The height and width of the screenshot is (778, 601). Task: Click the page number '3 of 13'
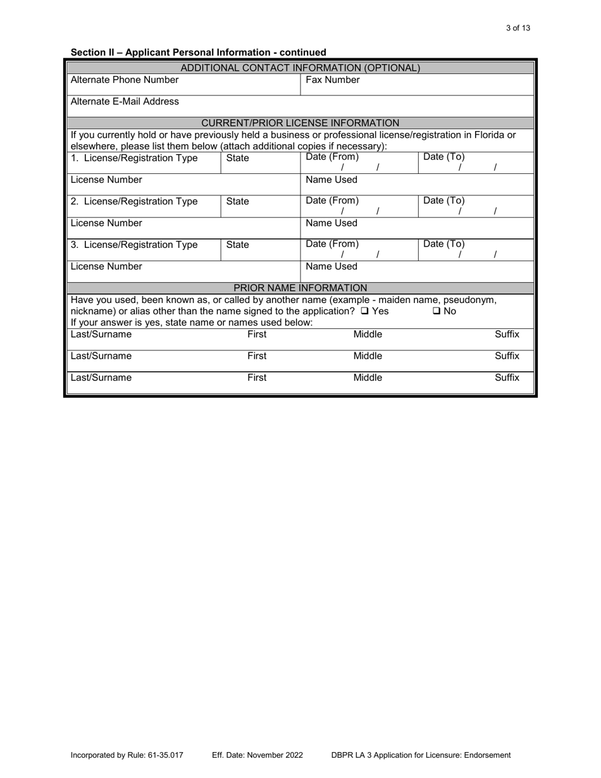click(x=518, y=28)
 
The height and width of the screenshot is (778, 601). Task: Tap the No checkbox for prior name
click(x=437, y=311)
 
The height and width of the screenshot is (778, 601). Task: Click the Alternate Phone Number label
click(x=125, y=80)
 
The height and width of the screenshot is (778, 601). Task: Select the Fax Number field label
click(x=333, y=80)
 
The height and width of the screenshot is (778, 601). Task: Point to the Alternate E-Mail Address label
click(x=125, y=101)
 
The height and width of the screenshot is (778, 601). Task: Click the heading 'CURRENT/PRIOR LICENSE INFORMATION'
click(x=300, y=123)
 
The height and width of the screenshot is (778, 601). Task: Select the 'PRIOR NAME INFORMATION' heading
click(x=300, y=288)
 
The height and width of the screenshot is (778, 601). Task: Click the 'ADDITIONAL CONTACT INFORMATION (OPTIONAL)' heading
click(x=300, y=68)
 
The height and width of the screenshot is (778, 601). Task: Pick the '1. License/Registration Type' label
click(x=134, y=158)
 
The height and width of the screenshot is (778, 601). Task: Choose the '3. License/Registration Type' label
click(x=134, y=245)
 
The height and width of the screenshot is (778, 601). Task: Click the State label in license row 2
click(x=237, y=202)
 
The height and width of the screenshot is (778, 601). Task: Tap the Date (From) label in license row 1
click(x=332, y=157)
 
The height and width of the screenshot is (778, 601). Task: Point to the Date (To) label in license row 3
click(x=443, y=244)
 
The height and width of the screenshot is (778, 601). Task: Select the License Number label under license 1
click(x=106, y=180)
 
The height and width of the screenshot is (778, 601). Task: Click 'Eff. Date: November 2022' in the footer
click(x=257, y=755)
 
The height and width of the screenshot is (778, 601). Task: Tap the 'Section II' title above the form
click(x=199, y=52)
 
